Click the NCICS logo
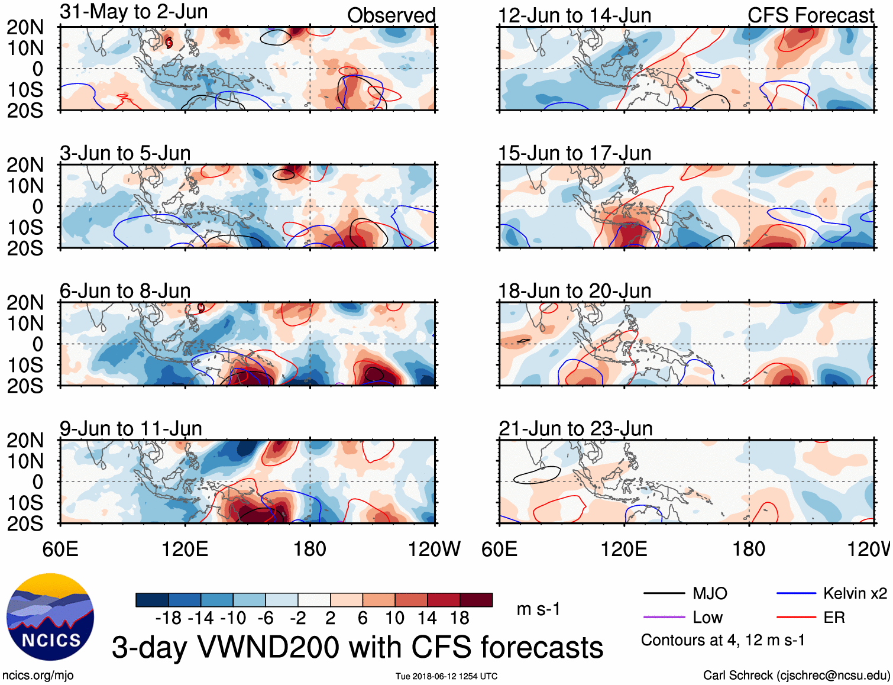pyautogui.click(x=50, y=617)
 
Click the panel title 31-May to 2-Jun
pyautogui.click(x=134, y=12)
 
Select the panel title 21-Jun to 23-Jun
pyautogui.click(x=575, y=428)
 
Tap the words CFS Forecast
pyautogui.click(x=810, y=15)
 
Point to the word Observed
pyautogui.click(x=391, y=15)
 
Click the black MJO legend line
pyautogui.click(x=664, y=593)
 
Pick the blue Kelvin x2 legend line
pyautogui.click(x=796, y=593)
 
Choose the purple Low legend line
pyautogui.click(x=664, y=618)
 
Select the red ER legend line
pyautogui.click(x=796, y=618)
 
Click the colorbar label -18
pyautogui.click(x=168, y=618)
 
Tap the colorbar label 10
pyautogui.click(x=394, y=618)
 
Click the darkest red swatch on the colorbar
pyautogui.click(x=476, y=600)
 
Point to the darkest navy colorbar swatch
pyautogui.click(x=152, y=600)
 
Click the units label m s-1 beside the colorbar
pyautogui.click(x=538, y=609)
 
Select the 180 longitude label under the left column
pyautogui.click(x=310, y=549)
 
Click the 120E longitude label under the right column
pyautogui.click(x=624, y=549)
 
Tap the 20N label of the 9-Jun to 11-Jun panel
pyautogui.click(x=25, y=440)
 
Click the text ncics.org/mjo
pyautogui.click(x=38, y=675)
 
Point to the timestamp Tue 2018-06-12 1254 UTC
pyautogui.click(x=446, y=676)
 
